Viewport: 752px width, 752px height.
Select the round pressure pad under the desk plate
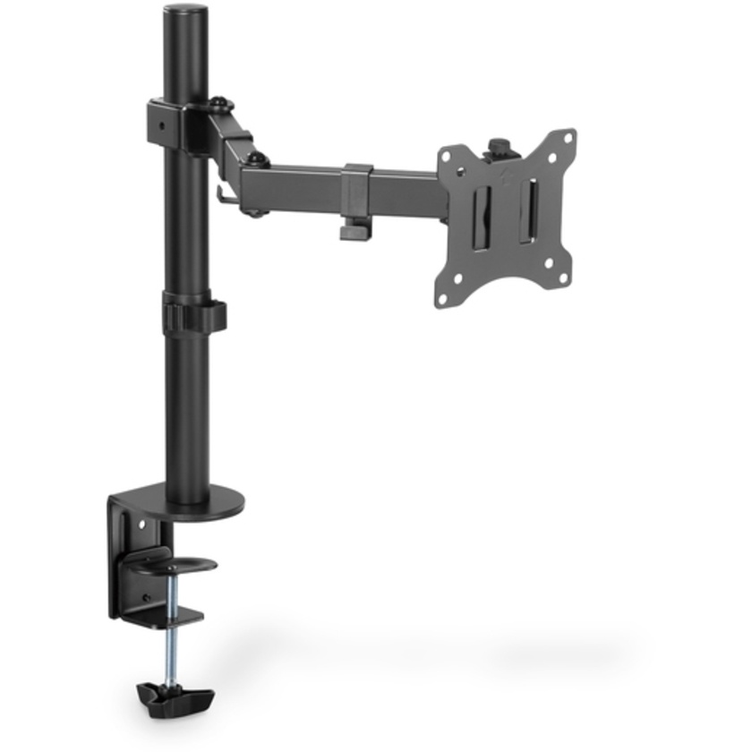pos(170,564)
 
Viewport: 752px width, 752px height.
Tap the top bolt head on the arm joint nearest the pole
pos(218,103)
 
